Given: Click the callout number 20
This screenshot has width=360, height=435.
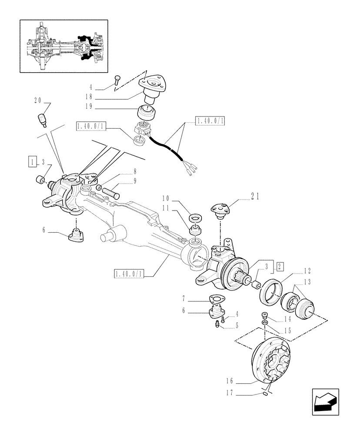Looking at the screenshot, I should pos(37,100).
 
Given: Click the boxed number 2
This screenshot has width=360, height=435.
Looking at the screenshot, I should pos(280,266).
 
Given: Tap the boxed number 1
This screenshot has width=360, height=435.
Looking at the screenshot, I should pos(33,161).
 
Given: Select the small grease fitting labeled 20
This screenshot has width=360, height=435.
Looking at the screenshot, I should pos(43,119).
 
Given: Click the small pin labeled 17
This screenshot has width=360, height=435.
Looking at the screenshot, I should pos(264,394).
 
